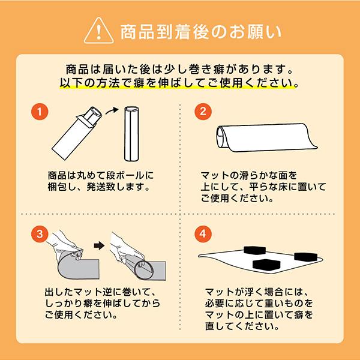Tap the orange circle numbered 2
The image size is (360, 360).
(203, 112)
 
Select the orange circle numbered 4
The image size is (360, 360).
(203, 232)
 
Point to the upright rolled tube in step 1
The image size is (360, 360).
(131, 131)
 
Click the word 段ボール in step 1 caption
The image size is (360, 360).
(125, 175)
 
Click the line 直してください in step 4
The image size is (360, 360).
(241, 328)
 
